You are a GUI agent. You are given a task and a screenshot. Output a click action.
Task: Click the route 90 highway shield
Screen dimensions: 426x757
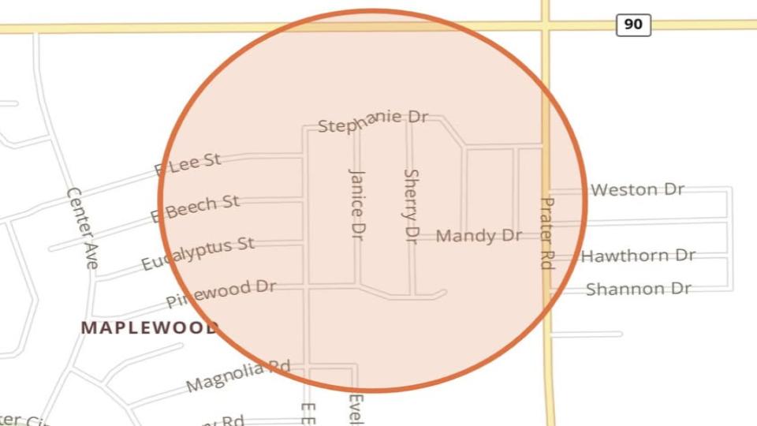pyautogui.click(x=633, y=24)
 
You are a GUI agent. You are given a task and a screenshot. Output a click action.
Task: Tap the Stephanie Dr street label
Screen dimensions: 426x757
pyautogui.click(x=372, y=121)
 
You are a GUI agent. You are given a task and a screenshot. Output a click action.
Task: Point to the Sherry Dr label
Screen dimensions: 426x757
pyautogui.click(x=411, y=205)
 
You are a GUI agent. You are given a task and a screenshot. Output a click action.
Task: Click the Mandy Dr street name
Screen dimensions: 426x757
pyautogui.click(x=479, y=235)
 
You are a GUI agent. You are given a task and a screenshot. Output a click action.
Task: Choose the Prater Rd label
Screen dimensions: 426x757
pyautogui.click(x=546, y=233)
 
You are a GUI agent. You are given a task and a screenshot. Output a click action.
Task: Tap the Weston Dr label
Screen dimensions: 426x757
pyautogui.click(x=637, y=189)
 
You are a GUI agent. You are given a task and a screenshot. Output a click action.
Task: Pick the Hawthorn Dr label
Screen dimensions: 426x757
pyautogui.click(x=638, y=256)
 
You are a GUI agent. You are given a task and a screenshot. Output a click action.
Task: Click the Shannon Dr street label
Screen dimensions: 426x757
pyautogui.click(x=638, y=289)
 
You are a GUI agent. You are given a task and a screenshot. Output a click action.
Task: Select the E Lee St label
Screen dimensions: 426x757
pyautogui.click(x=188, y=164)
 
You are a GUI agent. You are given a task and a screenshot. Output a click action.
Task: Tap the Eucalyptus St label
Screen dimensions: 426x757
pyautogui.click(x=198, y=253)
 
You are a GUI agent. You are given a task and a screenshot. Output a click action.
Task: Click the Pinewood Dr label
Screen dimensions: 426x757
pyautogui.click(x=221, y=293)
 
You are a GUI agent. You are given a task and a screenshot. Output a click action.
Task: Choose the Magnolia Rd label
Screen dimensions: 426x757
pyautogui.click(x=238, y=376)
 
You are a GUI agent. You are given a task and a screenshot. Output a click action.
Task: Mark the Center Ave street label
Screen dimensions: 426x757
pyautogui.click(x=82, y=228)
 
